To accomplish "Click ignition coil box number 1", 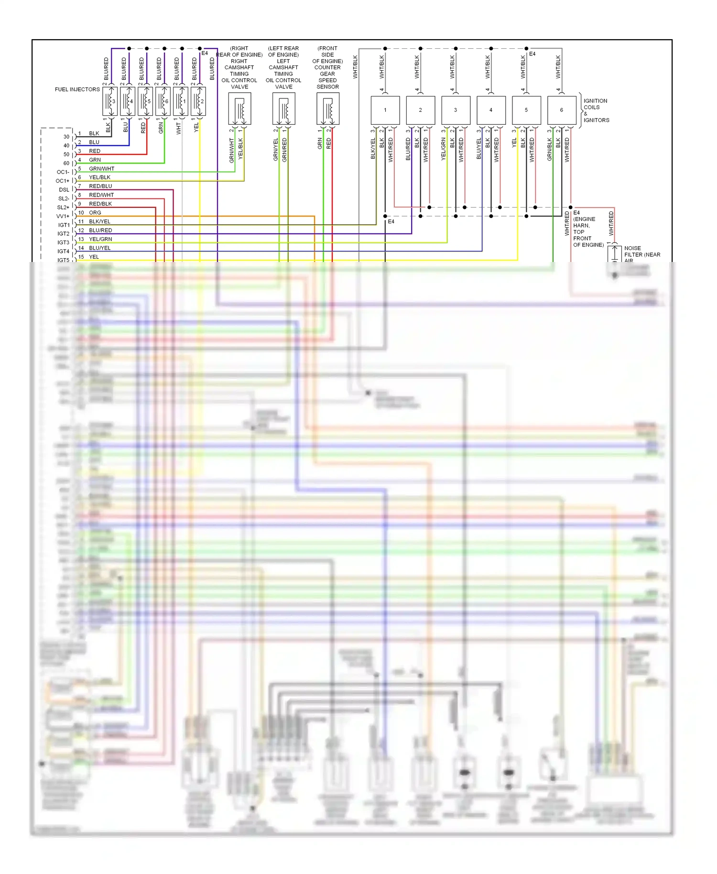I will click(x=385, y=110).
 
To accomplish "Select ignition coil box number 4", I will click(x=491, y=110).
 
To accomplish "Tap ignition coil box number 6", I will click(x=562, y=110).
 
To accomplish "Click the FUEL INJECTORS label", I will click(x=77, y=89).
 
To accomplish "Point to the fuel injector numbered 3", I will click(x=110, y=101).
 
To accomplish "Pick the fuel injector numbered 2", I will click(x=198, y=101).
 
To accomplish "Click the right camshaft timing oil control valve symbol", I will click(x=239, y=109).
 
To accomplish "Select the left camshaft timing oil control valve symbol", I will click(x=283, y=109).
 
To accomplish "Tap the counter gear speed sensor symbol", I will click(x=328, y=109).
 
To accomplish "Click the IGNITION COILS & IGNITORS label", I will click(x=596, y=110).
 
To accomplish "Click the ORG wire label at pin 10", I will click(x=95, y=213).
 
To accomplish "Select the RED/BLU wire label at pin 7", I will click(x=100, y=186).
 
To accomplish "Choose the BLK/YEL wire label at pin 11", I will click(x=99, y=221).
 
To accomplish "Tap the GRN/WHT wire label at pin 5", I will click(x=101, y=169).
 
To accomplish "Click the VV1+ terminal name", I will click(x=63, y=216).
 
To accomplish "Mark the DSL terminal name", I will click(x=64, y=190).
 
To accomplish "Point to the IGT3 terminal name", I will click(x=64, y=242).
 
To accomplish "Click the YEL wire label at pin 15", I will click(x=94, y=257).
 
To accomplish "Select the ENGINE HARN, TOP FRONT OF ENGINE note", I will click(x=588, y=231).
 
